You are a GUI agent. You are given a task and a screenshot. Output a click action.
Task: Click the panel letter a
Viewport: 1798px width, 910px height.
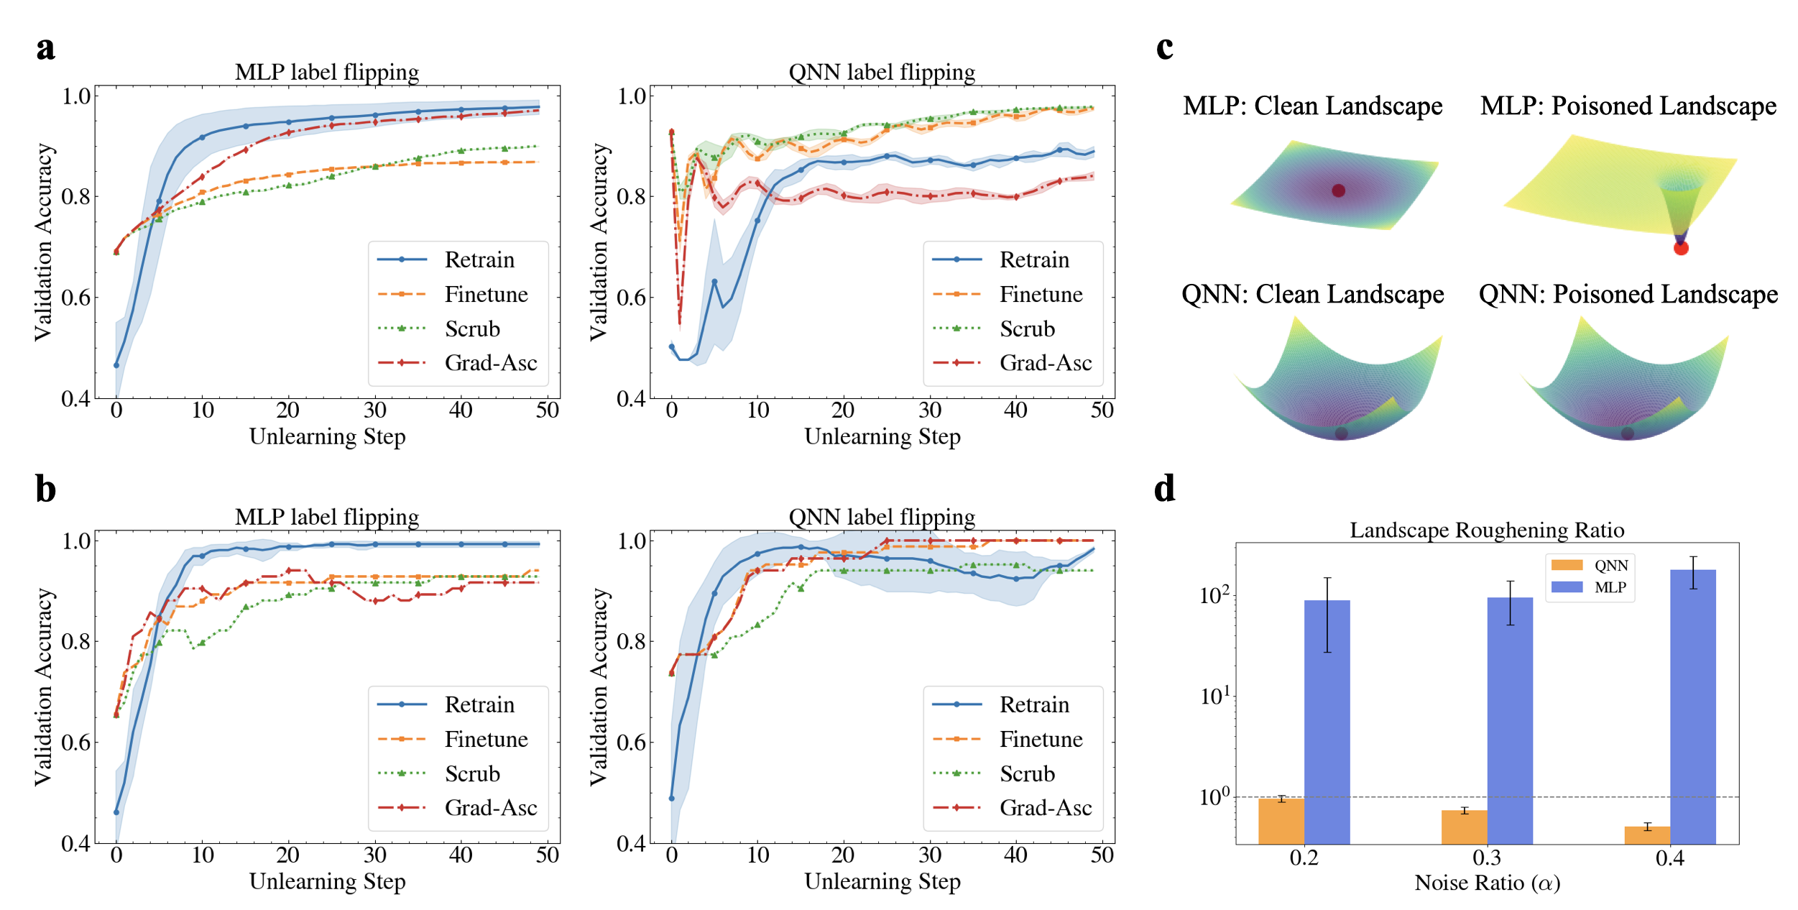[x=45, y=48]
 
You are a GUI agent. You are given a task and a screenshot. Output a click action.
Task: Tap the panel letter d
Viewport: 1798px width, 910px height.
[x=1164, y=489]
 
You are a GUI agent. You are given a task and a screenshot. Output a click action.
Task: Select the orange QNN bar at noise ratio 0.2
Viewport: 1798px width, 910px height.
[x=1281, y=820]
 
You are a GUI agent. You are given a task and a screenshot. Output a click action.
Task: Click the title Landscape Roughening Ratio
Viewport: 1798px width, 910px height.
[x=1486, y=530]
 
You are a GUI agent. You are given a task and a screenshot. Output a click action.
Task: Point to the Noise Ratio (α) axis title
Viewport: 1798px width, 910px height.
[x=1487, y=883]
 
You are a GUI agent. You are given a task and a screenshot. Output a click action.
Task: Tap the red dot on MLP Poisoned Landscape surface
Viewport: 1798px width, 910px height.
[x=1681, y=248]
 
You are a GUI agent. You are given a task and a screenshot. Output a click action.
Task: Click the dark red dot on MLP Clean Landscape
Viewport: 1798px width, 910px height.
[x=1338, y=190]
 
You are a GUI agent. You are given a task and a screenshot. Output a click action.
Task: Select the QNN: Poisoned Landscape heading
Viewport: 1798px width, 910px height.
[x=1628, y=294]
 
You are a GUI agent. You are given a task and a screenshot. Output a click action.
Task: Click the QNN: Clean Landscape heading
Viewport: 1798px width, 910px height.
[x=1312, y=294]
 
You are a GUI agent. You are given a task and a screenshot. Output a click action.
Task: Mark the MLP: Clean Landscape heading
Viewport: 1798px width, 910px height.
[x=1312, y=106]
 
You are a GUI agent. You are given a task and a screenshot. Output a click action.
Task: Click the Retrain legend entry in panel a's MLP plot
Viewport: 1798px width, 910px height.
[x=479, y=259]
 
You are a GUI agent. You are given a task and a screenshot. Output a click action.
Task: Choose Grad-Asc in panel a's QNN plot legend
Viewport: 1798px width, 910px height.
[x=1045, y=363]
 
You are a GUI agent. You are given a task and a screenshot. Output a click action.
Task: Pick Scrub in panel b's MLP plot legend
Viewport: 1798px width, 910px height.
[x=471, y=773]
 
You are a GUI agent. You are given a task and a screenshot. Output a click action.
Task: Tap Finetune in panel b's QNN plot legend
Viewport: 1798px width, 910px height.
[x=1041, y=739]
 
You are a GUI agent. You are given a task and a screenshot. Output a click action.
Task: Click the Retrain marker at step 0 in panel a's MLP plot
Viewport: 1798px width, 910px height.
[x=116, y=365]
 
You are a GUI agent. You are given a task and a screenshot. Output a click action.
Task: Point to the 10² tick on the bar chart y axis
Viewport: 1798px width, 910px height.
[x=1214, y=596]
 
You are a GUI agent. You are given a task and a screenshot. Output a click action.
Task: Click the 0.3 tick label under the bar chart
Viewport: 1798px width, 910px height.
[x=1487, y=858]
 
